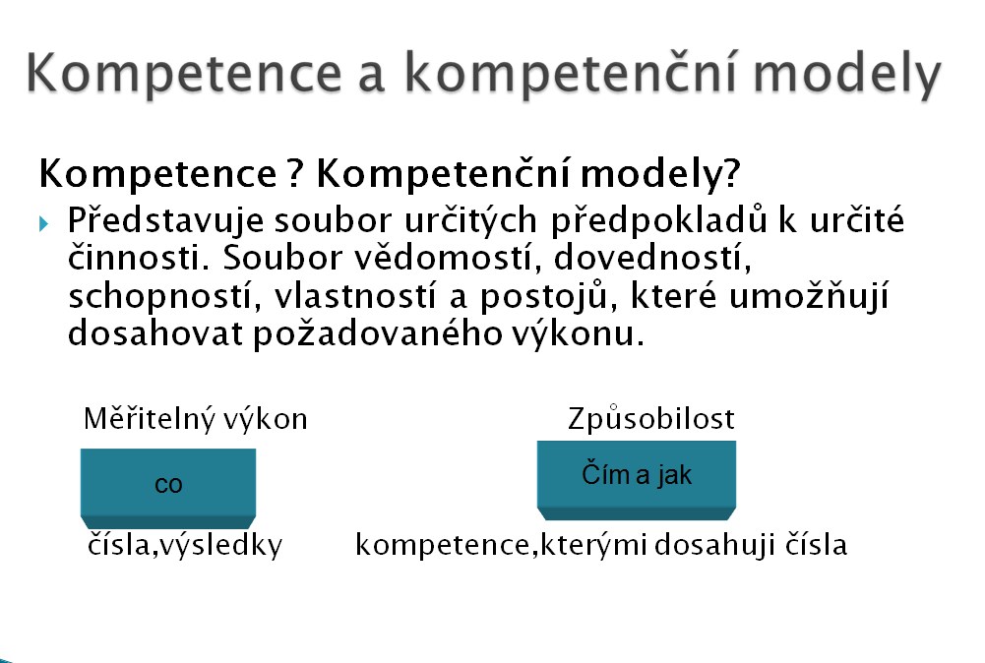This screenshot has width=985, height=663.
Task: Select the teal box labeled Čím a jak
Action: (x=637, y=480)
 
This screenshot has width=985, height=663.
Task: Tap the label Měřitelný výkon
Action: (x=196, y=419)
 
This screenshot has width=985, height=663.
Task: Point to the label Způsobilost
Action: (x=650, y=419)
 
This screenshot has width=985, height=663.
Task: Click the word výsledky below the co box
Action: (x=220, y=545)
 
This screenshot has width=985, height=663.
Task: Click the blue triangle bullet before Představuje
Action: (x=43, y=223)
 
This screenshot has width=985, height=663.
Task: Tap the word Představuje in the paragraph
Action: (x=165, y=220)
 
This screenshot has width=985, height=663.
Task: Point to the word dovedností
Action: (x=652, y=258)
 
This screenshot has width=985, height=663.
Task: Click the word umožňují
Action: (x=809, y=296)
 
